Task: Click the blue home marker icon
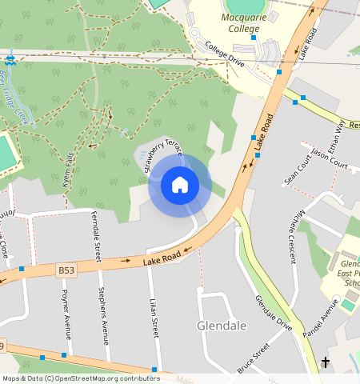(180, 186)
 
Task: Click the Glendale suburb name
(221, 326)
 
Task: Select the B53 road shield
(67, 273)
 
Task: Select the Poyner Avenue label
(66, 311)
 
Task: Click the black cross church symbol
(326, 362)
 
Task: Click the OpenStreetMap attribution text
(80, 378)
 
